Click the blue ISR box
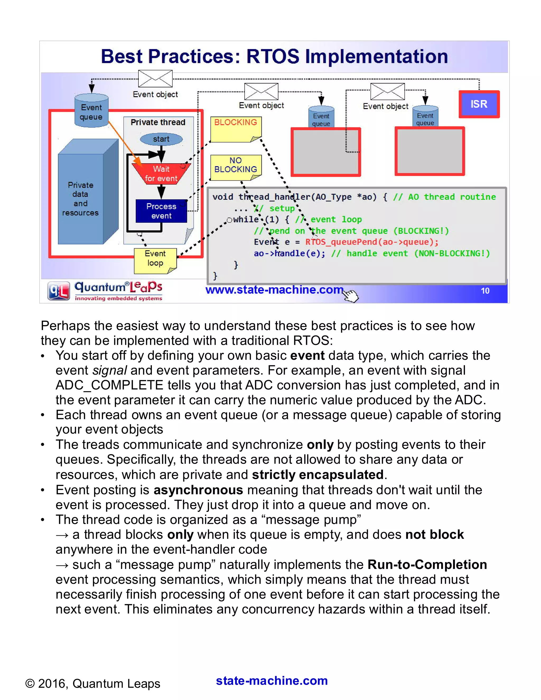(479, 104)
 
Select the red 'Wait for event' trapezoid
(161, 173)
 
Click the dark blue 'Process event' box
(161, 211)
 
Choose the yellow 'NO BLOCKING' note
(236, 165)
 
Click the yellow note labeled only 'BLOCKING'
(236, 128)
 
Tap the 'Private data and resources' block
(81, 199)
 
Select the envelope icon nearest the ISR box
(388, 91)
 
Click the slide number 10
(485, 291)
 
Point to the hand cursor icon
(351, 296)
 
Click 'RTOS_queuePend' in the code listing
(341, 242)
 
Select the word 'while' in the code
(246, 220)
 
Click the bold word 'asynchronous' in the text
(198, 490)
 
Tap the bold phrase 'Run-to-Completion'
(427, 565)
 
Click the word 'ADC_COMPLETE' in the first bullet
(109, 385)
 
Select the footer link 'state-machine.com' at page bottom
(272, 681)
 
